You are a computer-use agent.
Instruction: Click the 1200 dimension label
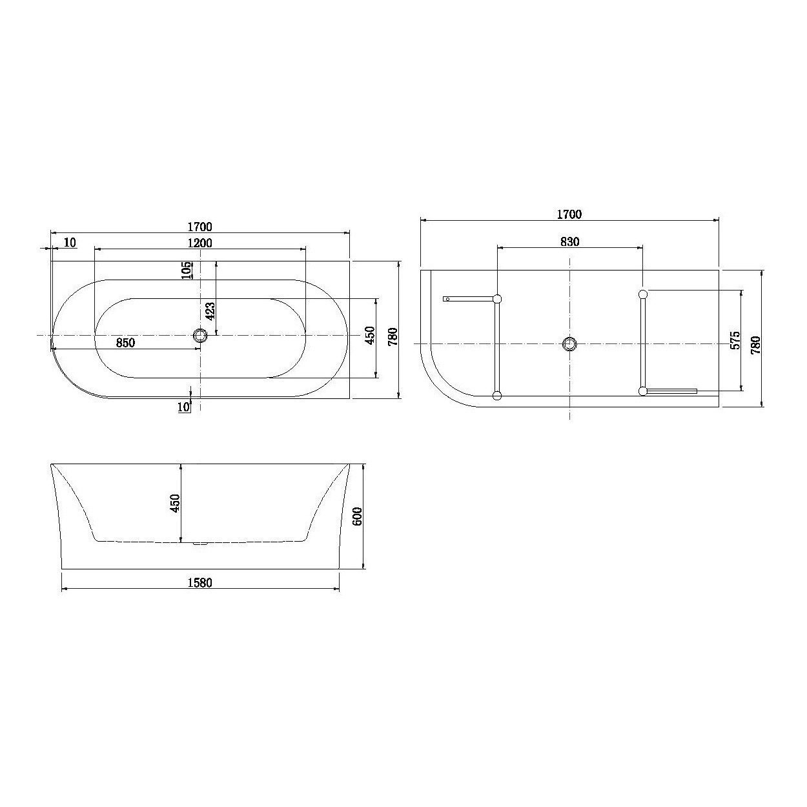click(x=199, y=243)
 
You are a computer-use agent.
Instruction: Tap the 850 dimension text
click(x=125, y=343)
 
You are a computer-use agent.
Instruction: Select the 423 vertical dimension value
click(x=210, y=311)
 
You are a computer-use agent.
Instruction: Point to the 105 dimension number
click(x=188, y=271)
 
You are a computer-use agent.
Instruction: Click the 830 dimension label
click(x=569, y=241)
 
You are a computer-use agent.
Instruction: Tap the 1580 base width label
click(x=199, y=582)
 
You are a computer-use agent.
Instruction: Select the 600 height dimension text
click(x=357, y=516)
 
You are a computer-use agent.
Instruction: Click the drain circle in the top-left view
click(x=200, y=336)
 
